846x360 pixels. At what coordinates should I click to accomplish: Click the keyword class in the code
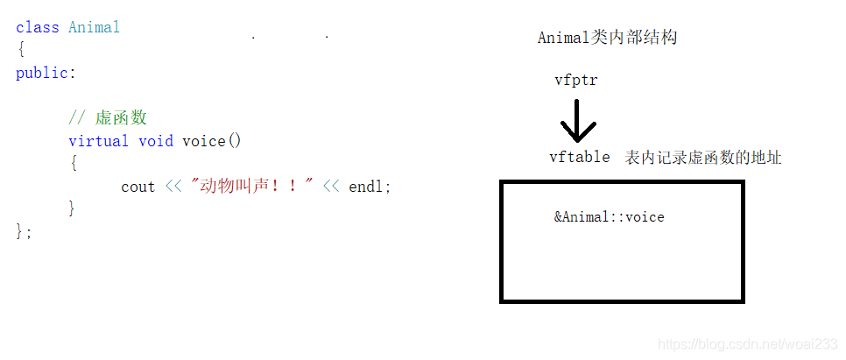click(37, 27)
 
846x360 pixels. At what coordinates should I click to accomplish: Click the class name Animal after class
click(94, 27)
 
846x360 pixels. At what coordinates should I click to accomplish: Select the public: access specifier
click(46, 73)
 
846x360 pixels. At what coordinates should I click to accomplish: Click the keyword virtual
click(98, 141)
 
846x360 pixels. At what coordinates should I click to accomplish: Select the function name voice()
click(211, 141)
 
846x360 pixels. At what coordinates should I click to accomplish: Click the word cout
click(137, 187)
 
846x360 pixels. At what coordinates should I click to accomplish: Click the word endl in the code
click(366, 187)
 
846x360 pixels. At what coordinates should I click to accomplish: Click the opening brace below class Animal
click(20, 50)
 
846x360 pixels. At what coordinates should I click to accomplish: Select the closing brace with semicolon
click(24, 231)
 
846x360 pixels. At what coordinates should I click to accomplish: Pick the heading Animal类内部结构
click(607, 38)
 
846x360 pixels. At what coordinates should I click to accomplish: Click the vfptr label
click(575, 81)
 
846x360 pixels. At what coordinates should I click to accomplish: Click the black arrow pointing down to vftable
click(577, 122)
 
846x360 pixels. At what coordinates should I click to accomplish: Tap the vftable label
click(579, 158)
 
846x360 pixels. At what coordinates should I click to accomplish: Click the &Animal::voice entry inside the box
click(609, 216)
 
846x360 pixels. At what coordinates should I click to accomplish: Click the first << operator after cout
click(173, 187)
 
